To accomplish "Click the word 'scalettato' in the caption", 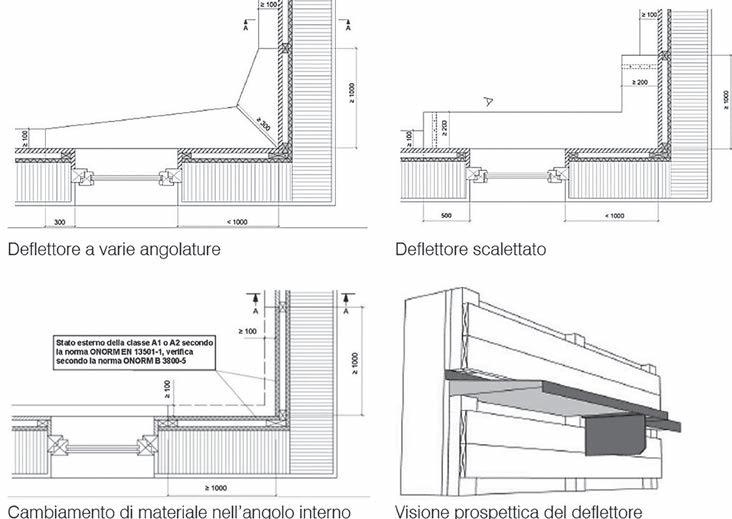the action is click(x=510, y=249).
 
